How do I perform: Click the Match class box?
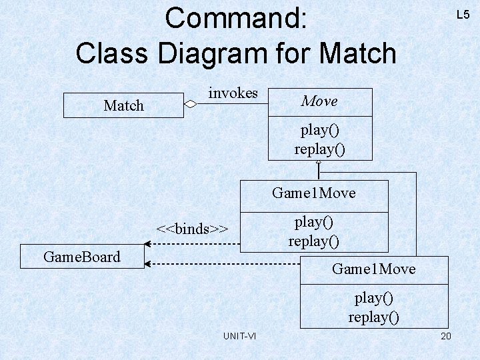123,105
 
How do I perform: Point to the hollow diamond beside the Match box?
191,103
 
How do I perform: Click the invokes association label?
233,93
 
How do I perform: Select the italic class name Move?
319,101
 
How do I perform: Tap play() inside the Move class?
319,129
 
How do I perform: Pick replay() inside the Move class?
319,148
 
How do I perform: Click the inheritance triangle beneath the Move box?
319,163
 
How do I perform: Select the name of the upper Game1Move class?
313,193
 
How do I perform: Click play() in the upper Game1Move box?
313,221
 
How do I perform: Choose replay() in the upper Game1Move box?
313,240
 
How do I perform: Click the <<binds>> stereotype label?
192,229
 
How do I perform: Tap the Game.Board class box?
82,257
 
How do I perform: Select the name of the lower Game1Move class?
373,269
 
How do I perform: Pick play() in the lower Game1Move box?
373,297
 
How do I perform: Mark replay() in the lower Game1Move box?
373,316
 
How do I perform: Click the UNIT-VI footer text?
239,336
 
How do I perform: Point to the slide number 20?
446,336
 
